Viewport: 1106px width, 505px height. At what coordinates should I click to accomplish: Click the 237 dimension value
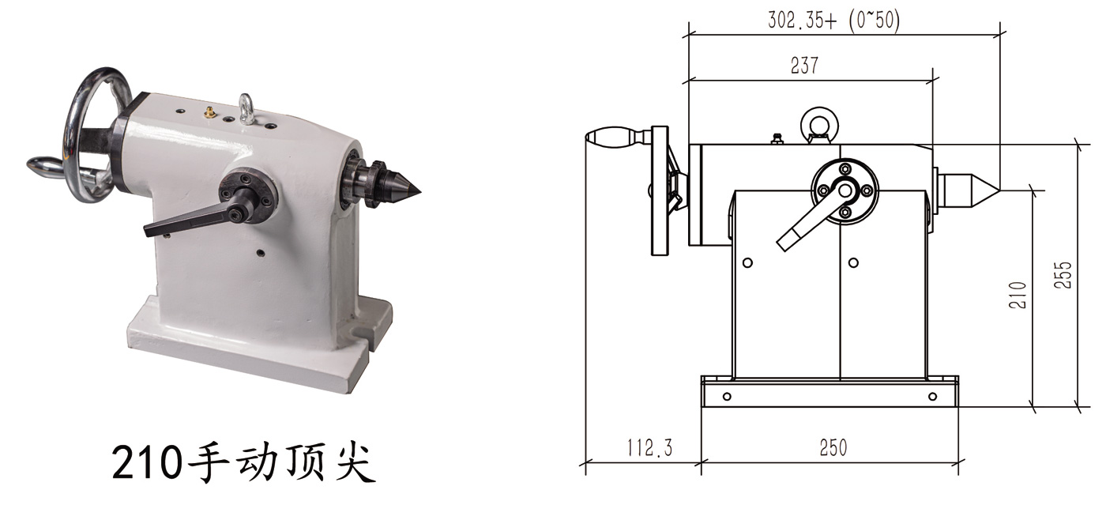point(804,66)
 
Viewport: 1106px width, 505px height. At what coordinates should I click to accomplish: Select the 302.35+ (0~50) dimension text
point(833,21)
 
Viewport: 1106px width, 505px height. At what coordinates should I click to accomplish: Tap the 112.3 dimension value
point(649,448)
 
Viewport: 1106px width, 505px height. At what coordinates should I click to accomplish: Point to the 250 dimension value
point(833,448)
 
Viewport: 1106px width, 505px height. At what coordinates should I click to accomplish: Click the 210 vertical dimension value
point(1019,295)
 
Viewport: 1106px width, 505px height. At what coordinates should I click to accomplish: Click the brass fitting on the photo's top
point(210,113)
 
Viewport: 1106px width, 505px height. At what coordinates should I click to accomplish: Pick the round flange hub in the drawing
point(845,190)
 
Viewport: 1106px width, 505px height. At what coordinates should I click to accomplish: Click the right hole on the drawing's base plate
point(932,396)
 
